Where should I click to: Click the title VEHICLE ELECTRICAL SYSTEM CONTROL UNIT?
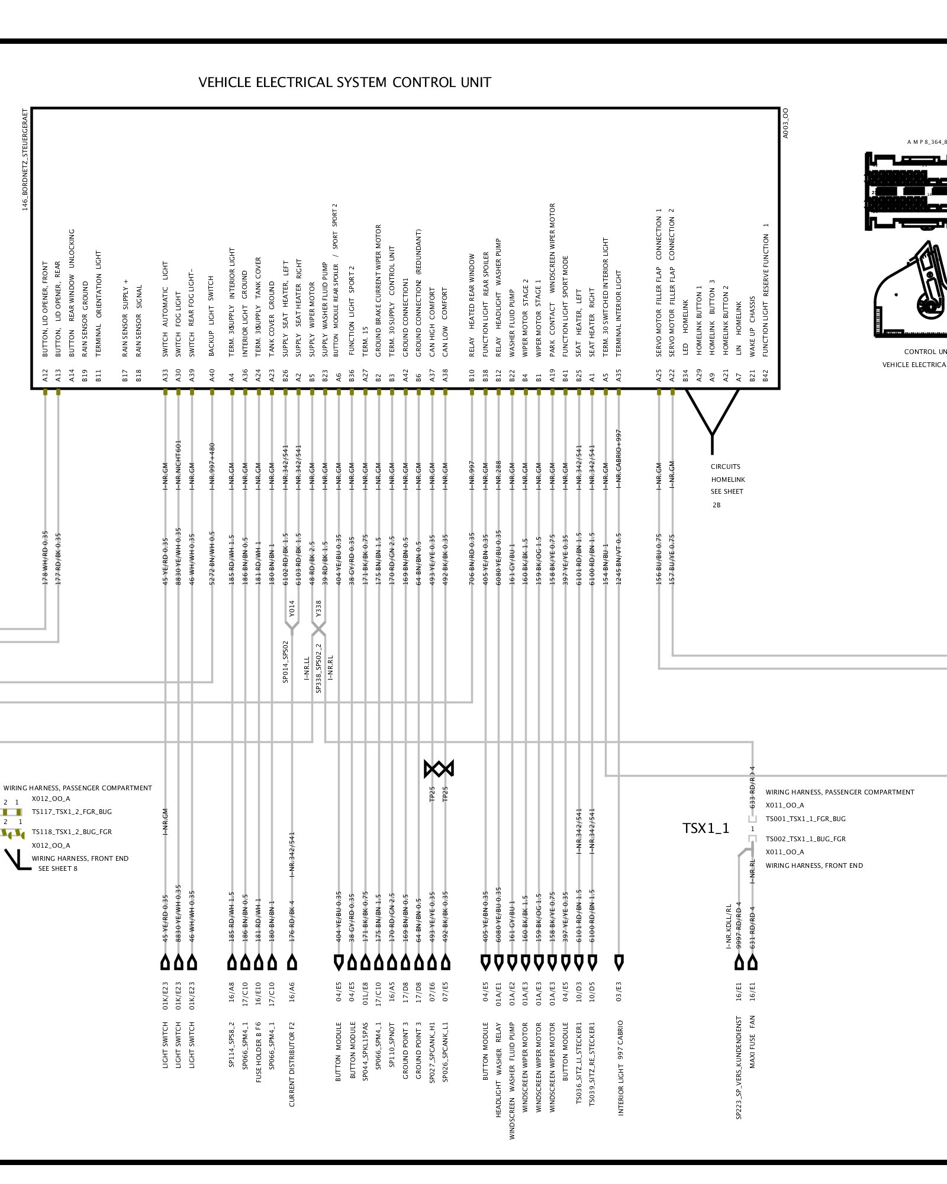(x=344, y=82)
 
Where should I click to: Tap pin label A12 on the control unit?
(x=45, y=375)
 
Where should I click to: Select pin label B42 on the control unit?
(x=765, y=375)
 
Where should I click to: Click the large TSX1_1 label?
(x=706, y=828)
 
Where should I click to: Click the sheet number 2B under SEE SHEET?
(x=716, y=505)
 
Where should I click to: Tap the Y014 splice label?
(x=291, y=609)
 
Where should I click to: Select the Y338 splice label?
(x=318, y=609)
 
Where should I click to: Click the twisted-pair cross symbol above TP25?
(x=439, y=769)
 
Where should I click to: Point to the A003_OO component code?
(x=785, y=123)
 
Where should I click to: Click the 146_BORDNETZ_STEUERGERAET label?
(x=25, y=160)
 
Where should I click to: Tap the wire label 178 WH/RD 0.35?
(x=45, y=558)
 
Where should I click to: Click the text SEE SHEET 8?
(x=58, y=868)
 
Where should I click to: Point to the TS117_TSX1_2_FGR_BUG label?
(x=72, y=812)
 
